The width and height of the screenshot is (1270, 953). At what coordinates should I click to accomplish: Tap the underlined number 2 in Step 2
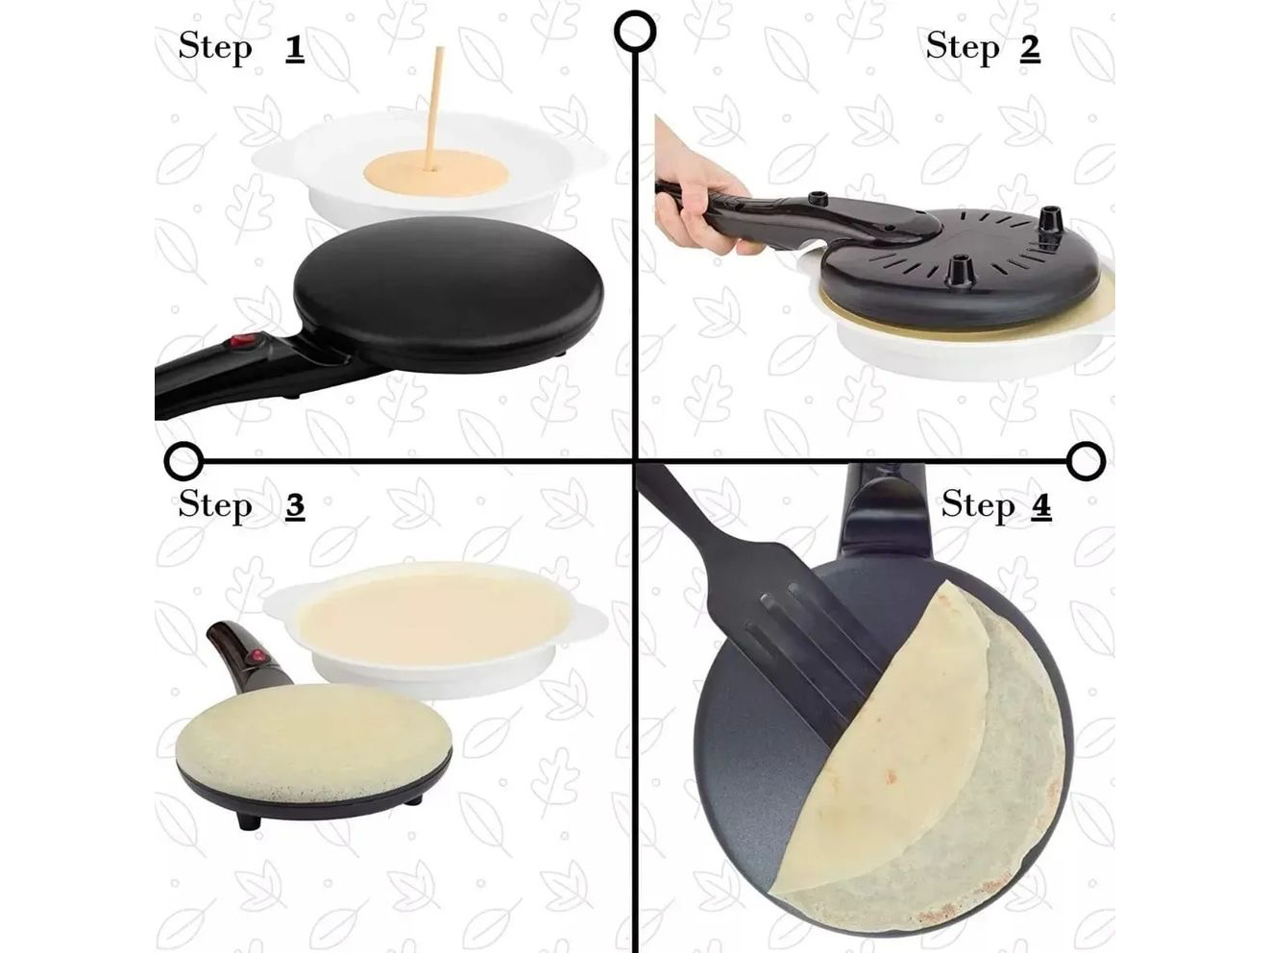click(x=1030, y=47)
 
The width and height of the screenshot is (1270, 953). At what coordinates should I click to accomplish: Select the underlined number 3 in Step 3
click(x=295, y=505)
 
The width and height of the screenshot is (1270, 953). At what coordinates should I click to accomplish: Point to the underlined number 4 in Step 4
click(x=1040, y=505)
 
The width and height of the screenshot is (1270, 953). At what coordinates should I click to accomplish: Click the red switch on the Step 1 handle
click(x=244, y=340)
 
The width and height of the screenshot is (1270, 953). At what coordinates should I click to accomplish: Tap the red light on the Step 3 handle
click(x=256, y=656)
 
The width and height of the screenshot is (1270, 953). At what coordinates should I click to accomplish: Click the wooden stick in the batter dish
click(x=433, y=109)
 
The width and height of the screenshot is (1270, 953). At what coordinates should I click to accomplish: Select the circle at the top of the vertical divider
click(x=635, y=32)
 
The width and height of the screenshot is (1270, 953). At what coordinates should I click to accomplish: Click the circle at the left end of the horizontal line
click(x=184, y=461)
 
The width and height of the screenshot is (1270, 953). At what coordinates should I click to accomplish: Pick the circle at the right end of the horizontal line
click(x=1086, y=461)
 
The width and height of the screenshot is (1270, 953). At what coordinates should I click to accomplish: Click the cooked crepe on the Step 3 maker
click(x=312, y=744)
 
